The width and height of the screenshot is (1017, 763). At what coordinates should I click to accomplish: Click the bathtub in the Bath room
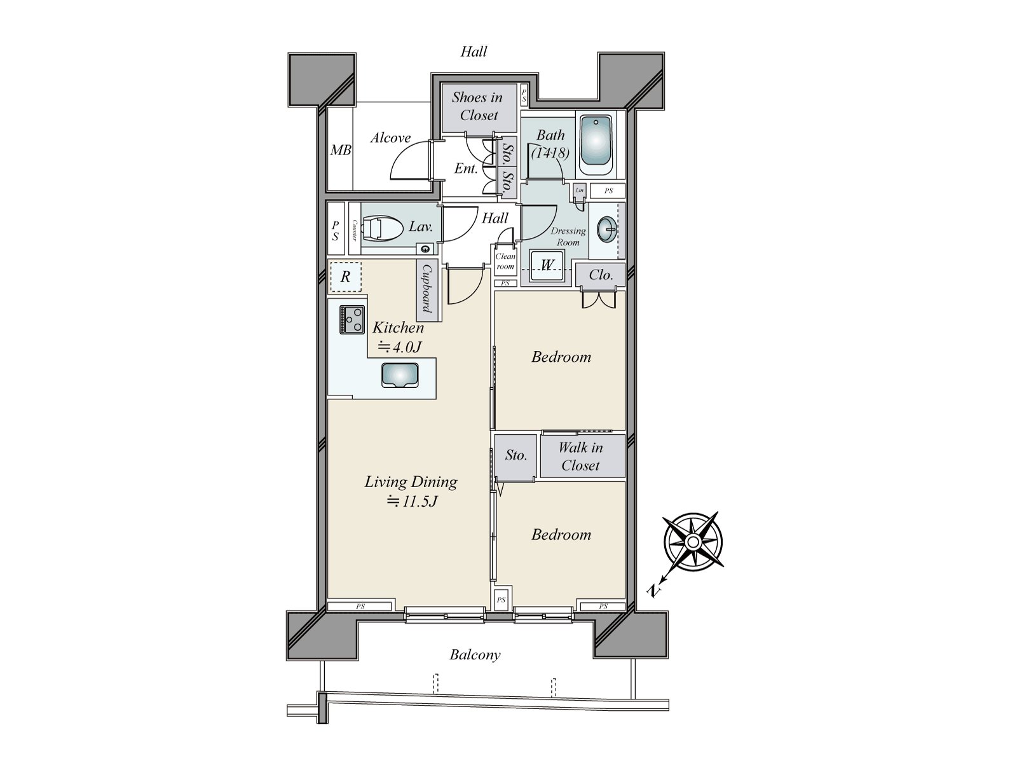(596, 146)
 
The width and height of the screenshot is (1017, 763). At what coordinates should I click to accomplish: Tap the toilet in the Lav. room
(383, 230)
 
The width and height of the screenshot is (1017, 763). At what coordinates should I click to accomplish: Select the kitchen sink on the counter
(399, 375)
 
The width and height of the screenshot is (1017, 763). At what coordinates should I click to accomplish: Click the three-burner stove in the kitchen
(352, 320)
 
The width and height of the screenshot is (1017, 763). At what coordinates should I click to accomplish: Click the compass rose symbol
(693, 541)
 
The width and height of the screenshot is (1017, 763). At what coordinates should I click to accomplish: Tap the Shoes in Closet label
(478, 106)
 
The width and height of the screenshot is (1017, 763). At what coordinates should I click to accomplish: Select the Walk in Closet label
(580, 457)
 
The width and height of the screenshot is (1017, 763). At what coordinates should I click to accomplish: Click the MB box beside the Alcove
(340, 151)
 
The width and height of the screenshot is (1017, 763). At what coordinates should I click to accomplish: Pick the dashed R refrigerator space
(345, 277)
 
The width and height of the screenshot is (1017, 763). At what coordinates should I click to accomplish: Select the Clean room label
(505, 261)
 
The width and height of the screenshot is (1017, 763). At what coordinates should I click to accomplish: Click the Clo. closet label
(601, 275)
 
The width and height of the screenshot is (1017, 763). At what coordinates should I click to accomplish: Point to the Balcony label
(475, 654)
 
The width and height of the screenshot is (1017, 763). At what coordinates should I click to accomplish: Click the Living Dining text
(411, 482)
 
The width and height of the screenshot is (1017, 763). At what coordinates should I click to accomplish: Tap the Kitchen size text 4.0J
(400, 347)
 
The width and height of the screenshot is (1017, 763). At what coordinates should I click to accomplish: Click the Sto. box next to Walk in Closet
(515, 455)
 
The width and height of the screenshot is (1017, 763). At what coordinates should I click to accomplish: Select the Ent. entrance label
(465, 169)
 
